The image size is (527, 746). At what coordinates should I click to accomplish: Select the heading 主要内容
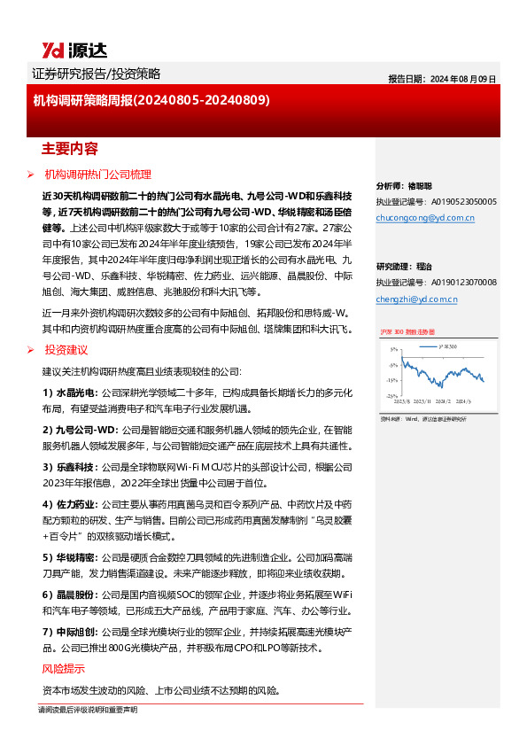tap(70, 148)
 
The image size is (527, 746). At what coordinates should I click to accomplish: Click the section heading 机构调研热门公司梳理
tap(98, 175)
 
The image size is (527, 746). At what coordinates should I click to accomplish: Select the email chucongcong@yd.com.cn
tap(425, 216)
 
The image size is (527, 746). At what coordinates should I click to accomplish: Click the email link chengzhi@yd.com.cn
tap(416, 299)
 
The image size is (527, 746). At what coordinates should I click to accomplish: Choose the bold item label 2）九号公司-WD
tap(79, 429)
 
